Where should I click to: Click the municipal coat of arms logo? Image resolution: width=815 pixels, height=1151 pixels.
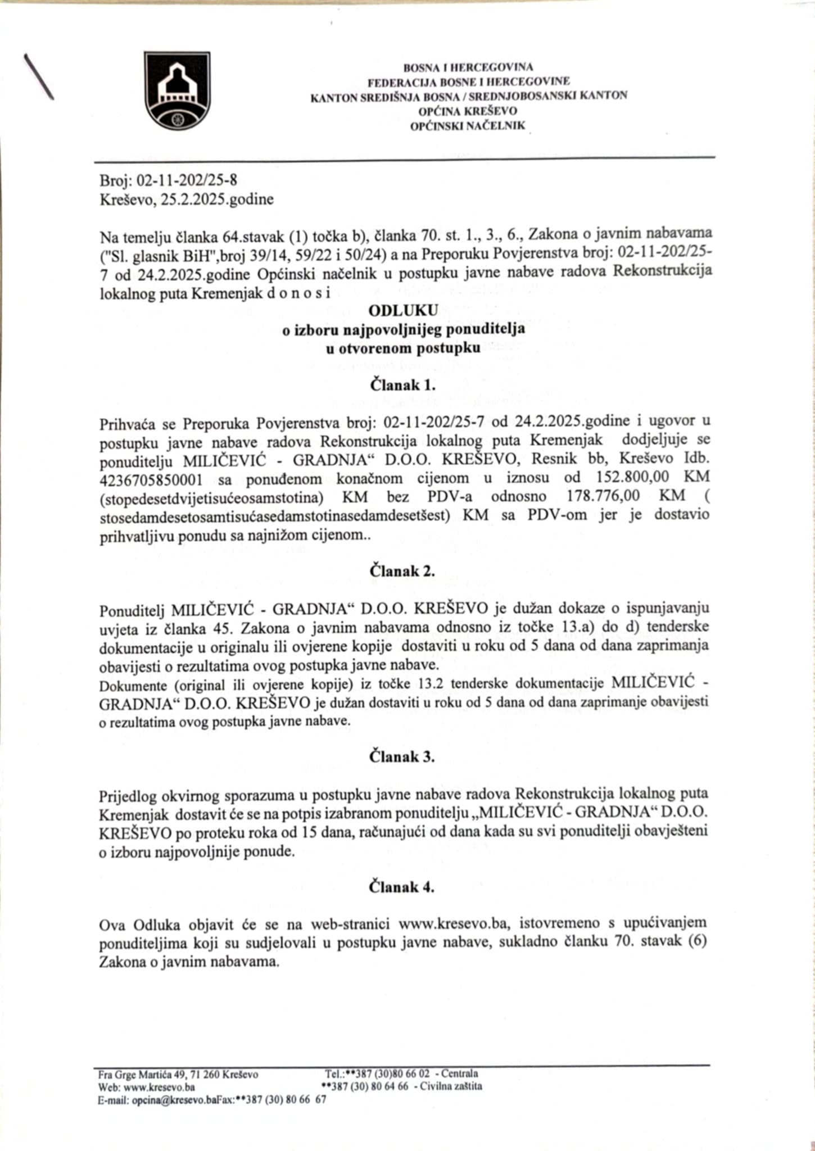click(x=177, y=91)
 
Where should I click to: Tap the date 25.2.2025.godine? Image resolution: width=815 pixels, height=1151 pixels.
click(x=218, y=200)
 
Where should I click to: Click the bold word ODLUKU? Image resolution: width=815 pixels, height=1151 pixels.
click(x=403, y=310)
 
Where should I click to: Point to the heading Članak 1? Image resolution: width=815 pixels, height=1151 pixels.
click(x=402, y=386)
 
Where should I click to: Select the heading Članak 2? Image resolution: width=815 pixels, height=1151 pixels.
click(x=402, y=572)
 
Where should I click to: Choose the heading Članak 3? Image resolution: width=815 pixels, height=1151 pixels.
click(x=402, y=756)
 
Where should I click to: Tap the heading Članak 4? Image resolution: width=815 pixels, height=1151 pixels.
click(x=402, y=887)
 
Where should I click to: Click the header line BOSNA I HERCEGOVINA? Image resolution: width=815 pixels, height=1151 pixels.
click(x=468, y=67)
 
